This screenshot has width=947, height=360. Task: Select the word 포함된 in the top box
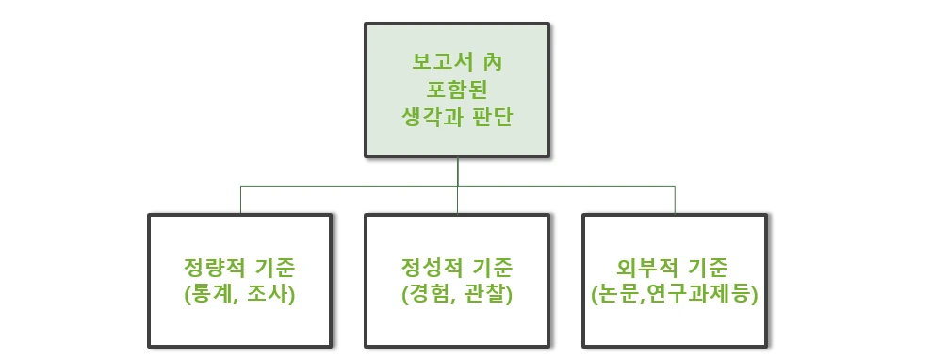[457, 91]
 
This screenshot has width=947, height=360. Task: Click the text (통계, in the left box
[212, 294]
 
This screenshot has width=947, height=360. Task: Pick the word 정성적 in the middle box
[428, 268]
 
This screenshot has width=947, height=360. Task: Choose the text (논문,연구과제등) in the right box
[674, 294]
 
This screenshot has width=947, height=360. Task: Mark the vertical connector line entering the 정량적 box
[240, 200]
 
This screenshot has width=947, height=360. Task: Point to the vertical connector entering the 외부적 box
[675, 200]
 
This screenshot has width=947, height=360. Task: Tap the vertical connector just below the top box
[458, 170]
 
